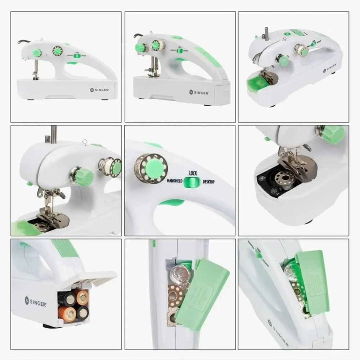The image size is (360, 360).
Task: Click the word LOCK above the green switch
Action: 193,173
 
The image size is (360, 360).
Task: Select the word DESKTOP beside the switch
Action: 208,182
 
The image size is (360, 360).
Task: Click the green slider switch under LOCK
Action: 191,183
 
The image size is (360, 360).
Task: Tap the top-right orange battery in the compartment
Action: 82,297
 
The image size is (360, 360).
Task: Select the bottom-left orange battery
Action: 67,313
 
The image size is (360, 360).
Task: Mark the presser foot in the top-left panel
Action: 36,77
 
